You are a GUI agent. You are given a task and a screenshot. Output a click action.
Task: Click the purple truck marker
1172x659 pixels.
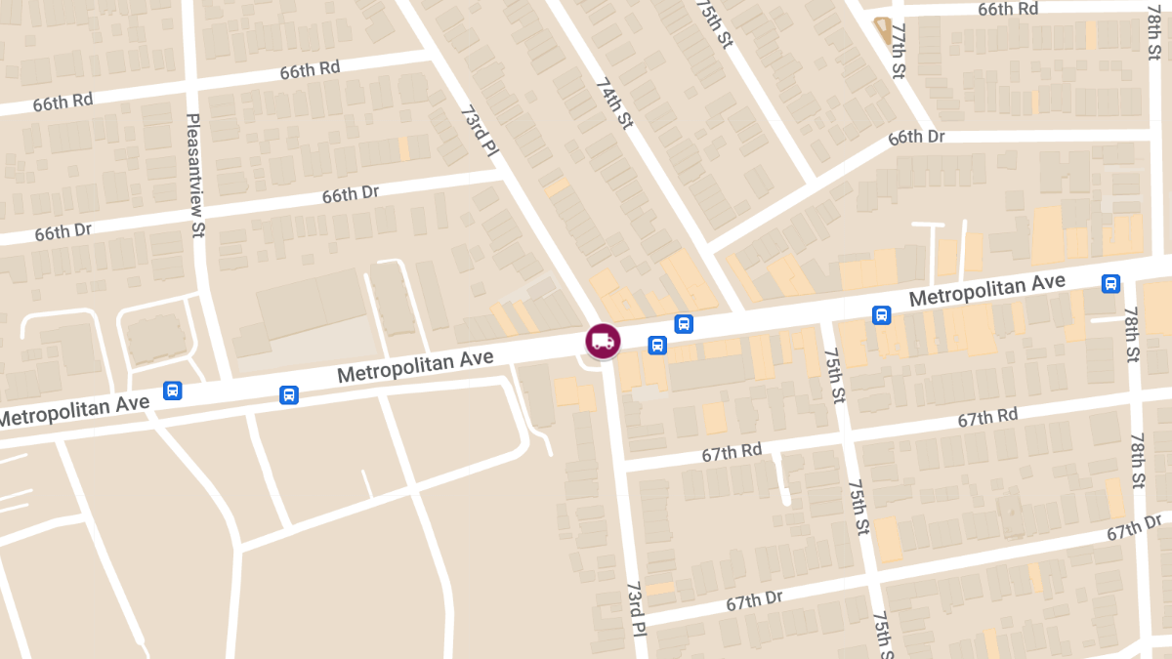[x=603, y=340]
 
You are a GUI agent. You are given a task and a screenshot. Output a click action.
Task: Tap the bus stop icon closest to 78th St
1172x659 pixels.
[x=1110, y=284]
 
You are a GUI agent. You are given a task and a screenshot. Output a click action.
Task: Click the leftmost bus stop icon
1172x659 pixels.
[x=173, y=391]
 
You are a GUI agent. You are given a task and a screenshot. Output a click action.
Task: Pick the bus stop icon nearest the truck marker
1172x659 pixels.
[x=657, y=345]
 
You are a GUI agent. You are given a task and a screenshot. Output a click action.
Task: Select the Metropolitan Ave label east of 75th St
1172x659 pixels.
[x=987, y=289]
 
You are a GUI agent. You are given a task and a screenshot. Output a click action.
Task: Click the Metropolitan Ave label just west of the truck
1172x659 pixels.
[x=415, y=367]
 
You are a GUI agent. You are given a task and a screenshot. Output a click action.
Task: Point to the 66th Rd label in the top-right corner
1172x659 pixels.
[x=1008, y=9]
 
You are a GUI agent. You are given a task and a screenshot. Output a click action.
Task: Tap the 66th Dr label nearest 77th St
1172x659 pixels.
[x=916, y=137]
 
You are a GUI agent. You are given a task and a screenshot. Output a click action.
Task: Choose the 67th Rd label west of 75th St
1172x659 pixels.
[x=732, y=450]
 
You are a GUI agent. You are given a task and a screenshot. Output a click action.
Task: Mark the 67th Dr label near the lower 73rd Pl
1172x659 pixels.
[x=754, y=600]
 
